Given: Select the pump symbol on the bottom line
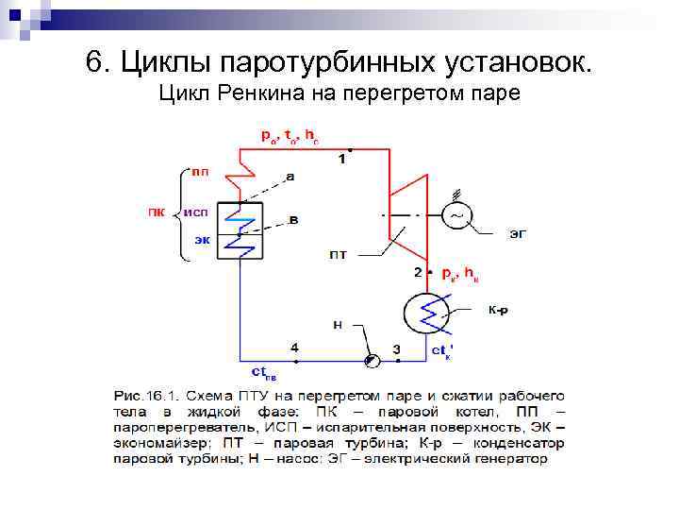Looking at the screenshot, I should (372, 359).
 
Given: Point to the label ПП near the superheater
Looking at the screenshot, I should (201, 171).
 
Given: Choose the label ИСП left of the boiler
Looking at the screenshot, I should (196, 212).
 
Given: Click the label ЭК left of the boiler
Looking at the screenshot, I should (202, 240).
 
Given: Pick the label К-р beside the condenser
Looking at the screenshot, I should (499, 309).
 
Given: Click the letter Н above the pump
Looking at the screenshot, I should (338, 326).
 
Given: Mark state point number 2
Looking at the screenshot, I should (418, 272).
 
